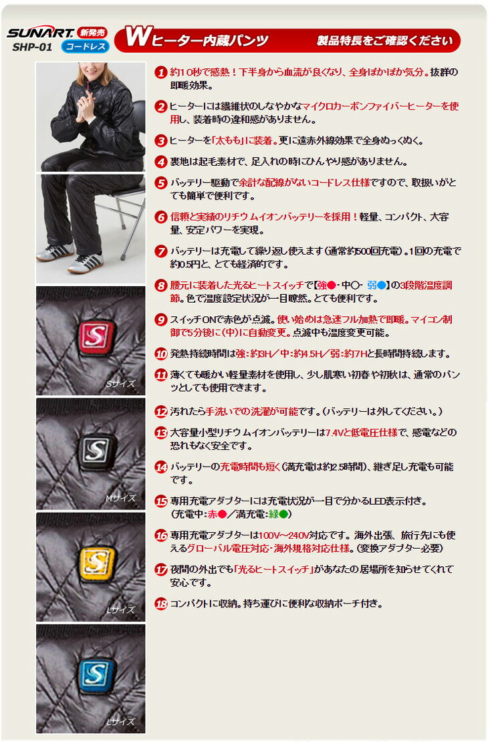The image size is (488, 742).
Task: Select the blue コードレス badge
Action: [85, 47]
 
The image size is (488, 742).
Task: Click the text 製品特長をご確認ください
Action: [384, 41]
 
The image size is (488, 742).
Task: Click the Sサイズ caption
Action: [120, 384]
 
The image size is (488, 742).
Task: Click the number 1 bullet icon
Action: [161, 72]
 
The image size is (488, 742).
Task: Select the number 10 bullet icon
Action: [161, 354]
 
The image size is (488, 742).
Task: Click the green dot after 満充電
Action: [283, 514]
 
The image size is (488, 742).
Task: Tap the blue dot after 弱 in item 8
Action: [380, 285]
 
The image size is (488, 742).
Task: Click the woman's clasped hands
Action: [90, 109]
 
